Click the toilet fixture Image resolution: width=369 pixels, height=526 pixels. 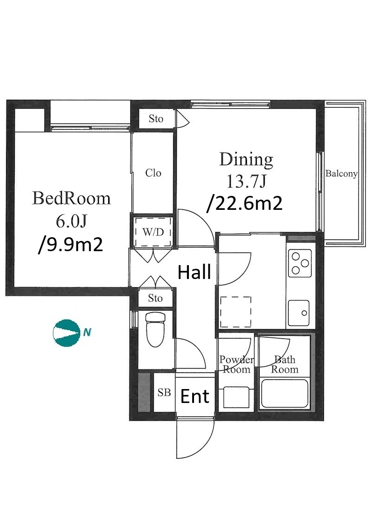[155, 329]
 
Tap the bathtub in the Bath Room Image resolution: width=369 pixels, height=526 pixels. [285, 393]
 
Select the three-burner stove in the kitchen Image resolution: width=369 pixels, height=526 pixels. [299, 263]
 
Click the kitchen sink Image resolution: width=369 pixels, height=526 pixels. [299, 312]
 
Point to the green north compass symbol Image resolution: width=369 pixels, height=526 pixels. [67, 333]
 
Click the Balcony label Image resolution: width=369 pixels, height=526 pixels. [341, 174]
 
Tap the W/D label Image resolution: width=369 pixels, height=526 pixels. [153, 232]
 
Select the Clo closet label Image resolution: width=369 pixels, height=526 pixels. [153, 173]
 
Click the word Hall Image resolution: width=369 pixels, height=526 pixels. [194, 272]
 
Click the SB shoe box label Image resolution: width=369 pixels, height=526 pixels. [164, 392]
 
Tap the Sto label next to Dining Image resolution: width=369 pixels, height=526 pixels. [156, 118]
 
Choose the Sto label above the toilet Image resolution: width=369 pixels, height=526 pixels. [155, 298]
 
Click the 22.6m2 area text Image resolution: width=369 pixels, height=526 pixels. [245, 203]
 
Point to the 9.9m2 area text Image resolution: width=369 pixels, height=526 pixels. [71, 245]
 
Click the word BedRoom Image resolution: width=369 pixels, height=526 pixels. [71, 198]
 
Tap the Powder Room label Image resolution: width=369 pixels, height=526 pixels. [237, 364]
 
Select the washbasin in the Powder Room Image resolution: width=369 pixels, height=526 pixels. [236, 398]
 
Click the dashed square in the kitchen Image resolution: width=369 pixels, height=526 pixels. [235, 312]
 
